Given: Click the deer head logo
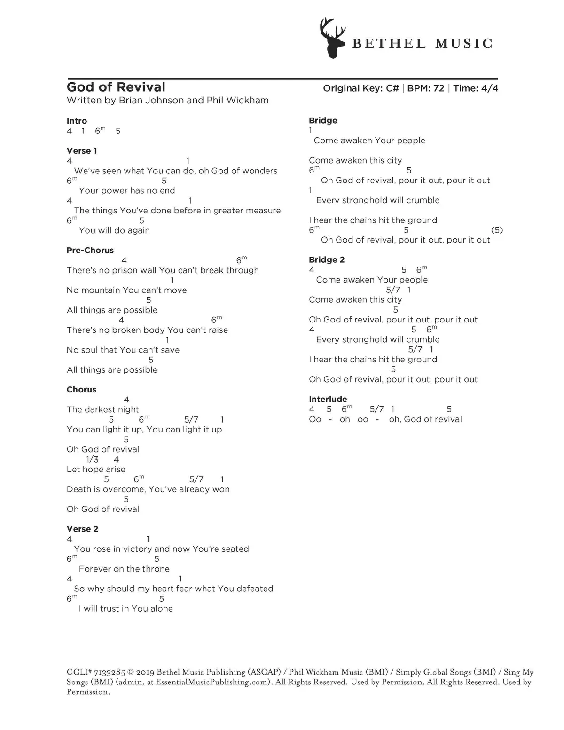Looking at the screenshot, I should click(332, 39).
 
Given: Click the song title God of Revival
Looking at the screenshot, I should click(116, 87).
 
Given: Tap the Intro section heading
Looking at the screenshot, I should click(77, 121).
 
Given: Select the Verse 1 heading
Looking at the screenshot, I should click(82, 151).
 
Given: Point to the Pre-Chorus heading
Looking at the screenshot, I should click(90, 250).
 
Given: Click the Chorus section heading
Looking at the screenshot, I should click(81, 390).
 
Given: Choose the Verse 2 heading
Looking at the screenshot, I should click(82, 529).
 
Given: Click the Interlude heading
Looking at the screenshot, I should click(328, 399).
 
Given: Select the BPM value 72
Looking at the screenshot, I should click(439, 88).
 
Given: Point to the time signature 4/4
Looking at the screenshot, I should click(489, 88).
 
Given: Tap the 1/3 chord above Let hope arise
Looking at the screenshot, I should click(92, 459).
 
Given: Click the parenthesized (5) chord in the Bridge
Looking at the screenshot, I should click(497, 230).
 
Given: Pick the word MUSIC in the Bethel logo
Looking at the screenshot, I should click(463, 44).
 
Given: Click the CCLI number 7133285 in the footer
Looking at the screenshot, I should click(110, 672).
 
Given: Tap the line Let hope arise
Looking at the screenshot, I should click(96, 469).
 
